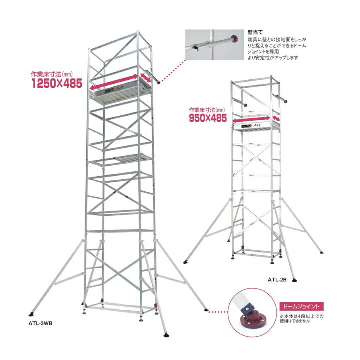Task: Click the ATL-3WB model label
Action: pos(40,323)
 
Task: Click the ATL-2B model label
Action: pos(277,280)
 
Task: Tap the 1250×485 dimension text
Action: pos(57,83)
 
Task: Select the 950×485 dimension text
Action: pos(208,118)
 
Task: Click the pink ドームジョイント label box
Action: pos(301,306)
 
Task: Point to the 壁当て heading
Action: pos(255,32)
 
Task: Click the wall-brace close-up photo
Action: pos(214,45)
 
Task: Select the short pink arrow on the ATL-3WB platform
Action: pos(146,78)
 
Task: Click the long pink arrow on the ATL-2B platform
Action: pos(251,119)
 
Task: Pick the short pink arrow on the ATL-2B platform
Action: pos(276,118)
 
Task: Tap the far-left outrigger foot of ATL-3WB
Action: pos(31,314)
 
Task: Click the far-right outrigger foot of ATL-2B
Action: pos(321,252)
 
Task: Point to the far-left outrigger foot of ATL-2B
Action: pos(185,262)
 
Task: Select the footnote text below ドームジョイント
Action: pos(301,318)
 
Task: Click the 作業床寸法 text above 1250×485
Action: pos(52,74)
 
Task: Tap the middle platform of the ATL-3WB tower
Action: pos(121,159)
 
